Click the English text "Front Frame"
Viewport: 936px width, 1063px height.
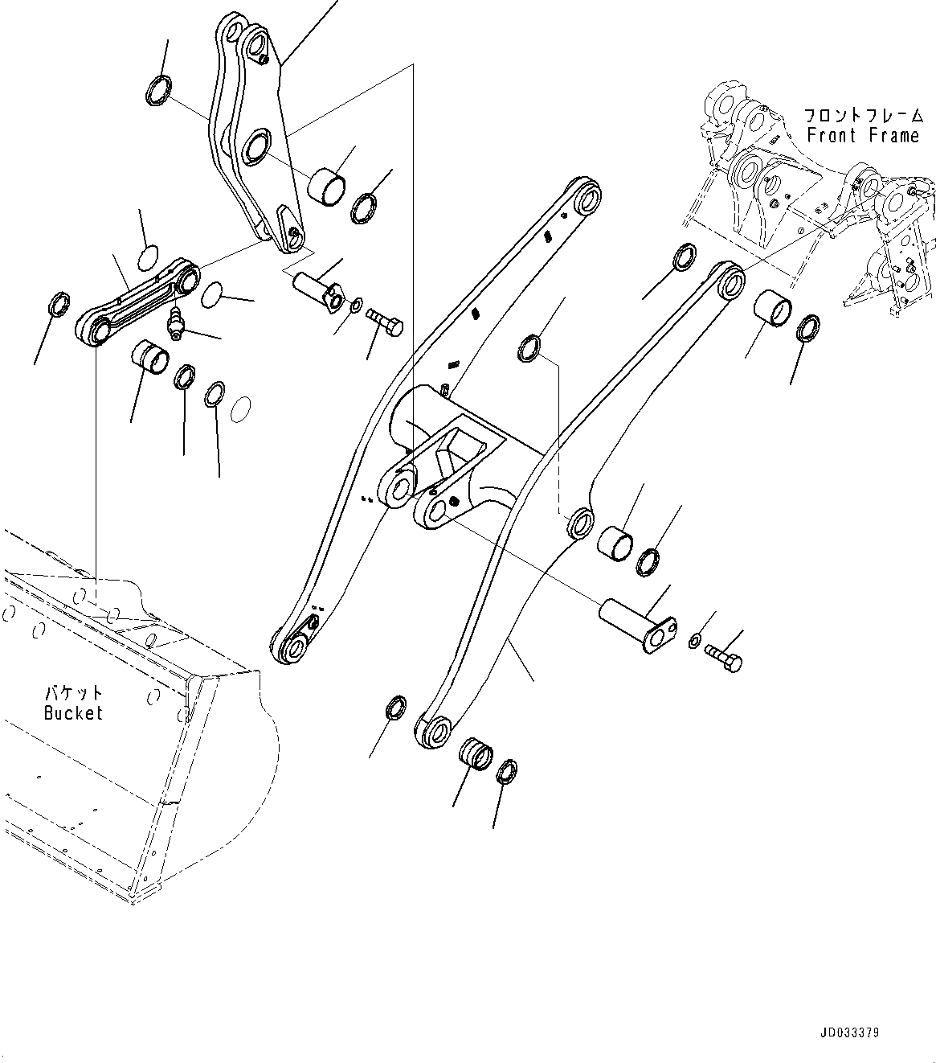(x=863, y=136)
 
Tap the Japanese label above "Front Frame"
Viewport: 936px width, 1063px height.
(x=863, y=117)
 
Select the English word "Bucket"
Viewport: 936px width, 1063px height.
(x=74, y=712)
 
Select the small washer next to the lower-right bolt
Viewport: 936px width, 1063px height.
(x=694, y=640)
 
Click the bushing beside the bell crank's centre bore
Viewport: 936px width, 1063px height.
(x=328, y=186)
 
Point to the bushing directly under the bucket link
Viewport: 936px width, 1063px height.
(x=150, y=357)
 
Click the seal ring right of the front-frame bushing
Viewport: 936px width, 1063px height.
(x=808, y=330)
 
